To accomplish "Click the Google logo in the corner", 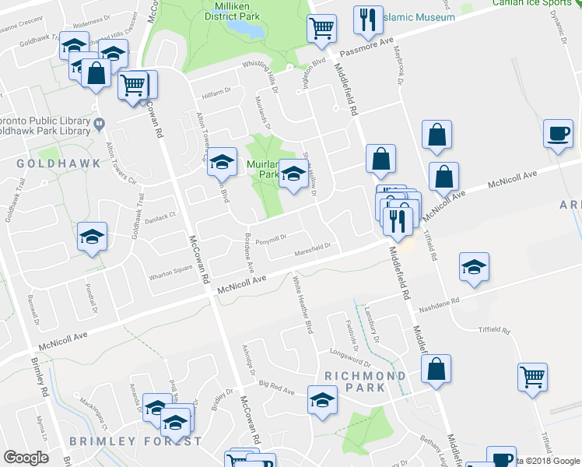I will (26, 458).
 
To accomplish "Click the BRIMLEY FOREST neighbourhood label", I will (135, 441).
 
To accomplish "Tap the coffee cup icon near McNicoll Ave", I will (557, 133).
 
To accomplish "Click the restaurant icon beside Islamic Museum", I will (367, 20).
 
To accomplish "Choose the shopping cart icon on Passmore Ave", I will (321, 28).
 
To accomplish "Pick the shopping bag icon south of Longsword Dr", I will (437, 370).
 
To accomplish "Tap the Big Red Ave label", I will (278, 386).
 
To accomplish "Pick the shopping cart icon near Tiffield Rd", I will (533, 377).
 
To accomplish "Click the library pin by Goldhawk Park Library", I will (100, 123).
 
